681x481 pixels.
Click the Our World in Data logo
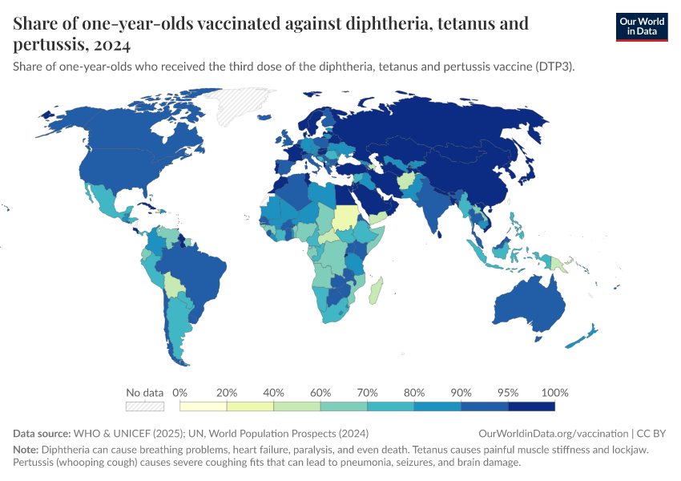click(641, 26)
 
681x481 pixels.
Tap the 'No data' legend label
click(145, 393)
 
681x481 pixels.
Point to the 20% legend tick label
click(228, 393)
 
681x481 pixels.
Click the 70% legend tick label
click(368, 393)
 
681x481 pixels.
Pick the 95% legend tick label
click(509, 393)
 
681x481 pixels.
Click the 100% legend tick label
click(554, 393)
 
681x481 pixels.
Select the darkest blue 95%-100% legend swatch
click(532, 406)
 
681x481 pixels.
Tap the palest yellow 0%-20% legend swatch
click(203, 406)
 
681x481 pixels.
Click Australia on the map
click(528, 305)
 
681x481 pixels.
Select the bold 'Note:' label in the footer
click(26, 449)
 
